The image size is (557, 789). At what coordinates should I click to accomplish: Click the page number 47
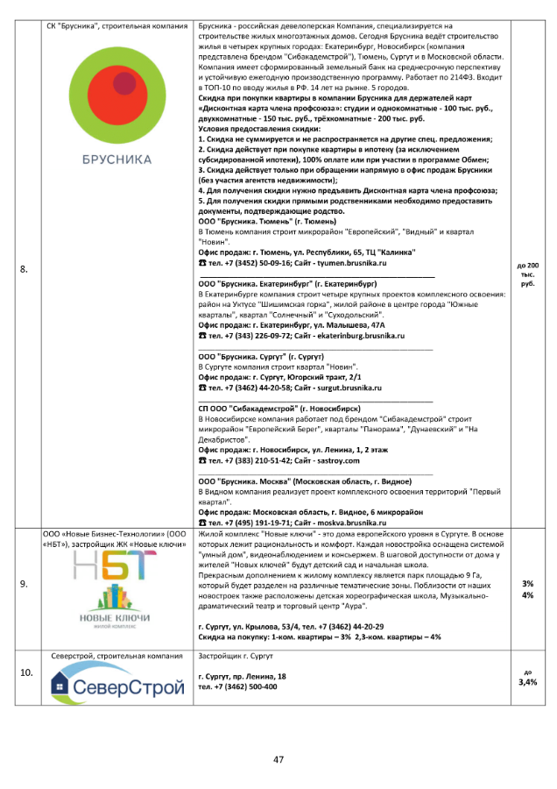tap(278, 759)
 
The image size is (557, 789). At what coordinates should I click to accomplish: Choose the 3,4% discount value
tap(527, 681)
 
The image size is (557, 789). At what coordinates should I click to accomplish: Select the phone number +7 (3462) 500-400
tap(250, 686)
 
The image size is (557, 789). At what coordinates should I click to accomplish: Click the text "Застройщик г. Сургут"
tap(236, 656)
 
